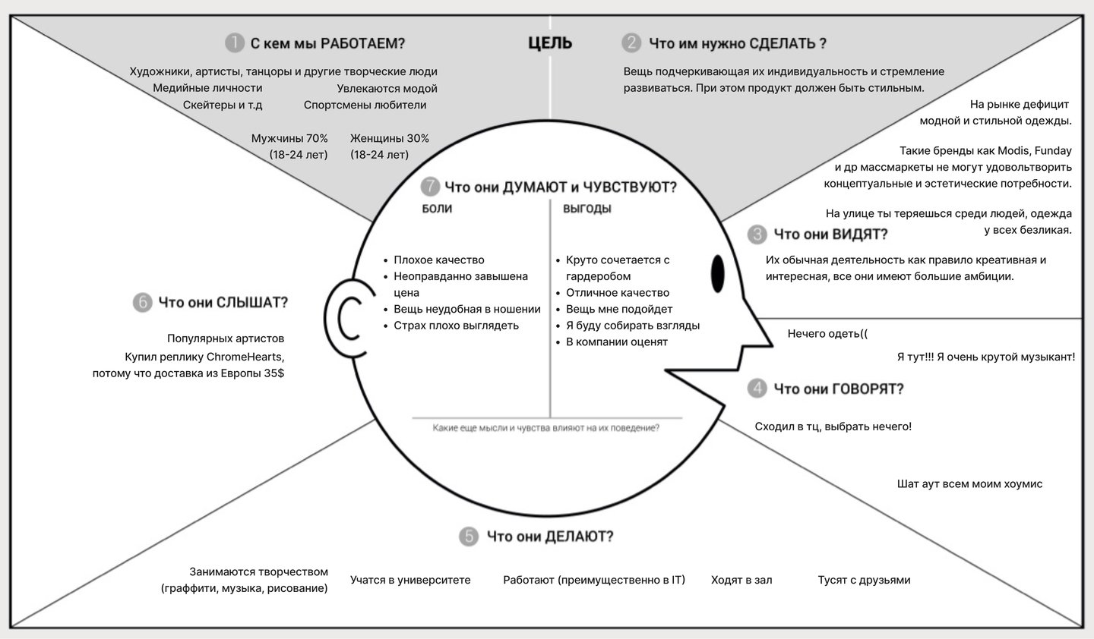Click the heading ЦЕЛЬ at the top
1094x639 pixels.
coord(550,43)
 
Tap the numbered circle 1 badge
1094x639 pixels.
coord(235,43)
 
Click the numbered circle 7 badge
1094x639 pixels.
coord(430,187)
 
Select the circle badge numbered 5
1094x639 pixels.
coord(469,537)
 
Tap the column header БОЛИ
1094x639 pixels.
coord(437,209)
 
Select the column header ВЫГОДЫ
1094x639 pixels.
coord(587,209)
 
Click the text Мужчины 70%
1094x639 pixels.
coord(289,138)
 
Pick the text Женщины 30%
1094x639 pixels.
coord(390,138)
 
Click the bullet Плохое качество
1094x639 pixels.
coord(438,260)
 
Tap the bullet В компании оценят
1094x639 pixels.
coord(616,342)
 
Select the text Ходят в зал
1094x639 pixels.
coord(741,580)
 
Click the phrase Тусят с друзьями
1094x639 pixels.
coord(864,580)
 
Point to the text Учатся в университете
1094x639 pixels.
coord(410,580)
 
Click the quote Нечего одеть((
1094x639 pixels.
coord(827,333)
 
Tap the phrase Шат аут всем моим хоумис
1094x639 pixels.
coord(969,483)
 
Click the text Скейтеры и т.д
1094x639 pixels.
coord(223,105)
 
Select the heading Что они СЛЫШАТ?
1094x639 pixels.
coord(223,303)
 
